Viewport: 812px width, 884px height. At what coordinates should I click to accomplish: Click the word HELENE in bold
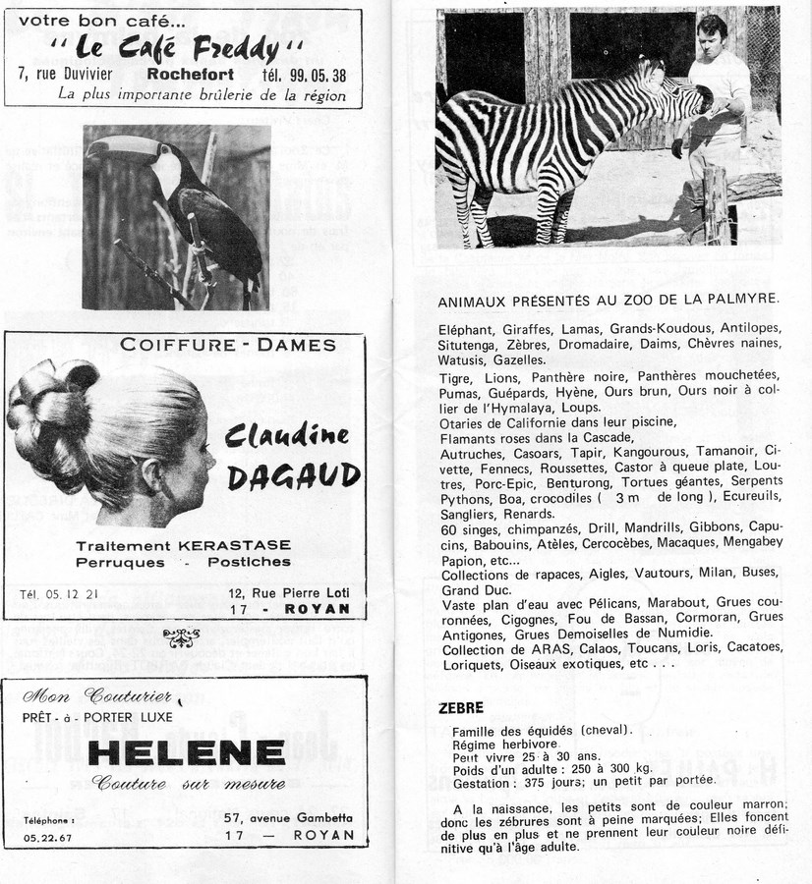coord(186,751)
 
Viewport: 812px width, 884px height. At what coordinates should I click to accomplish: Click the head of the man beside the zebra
coord(712,35)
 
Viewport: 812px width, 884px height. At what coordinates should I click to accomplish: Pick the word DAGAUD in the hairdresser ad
coord(293,477)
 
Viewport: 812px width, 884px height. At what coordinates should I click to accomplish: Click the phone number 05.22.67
coord(47,838)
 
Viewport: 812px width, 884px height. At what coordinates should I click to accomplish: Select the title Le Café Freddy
coord(176,45)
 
